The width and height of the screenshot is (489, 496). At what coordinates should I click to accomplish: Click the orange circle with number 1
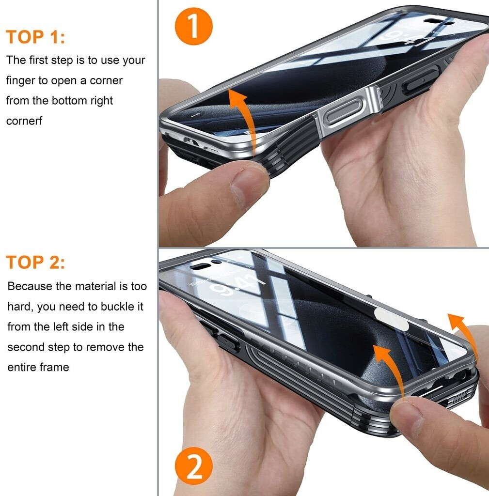pyautogui.click(x=193, y=26)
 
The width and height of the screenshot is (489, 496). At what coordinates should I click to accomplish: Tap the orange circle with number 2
pyautogui.click(x=193, y=465)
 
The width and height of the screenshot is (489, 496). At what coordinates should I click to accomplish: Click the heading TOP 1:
pyautogui.click(x=35, y=37)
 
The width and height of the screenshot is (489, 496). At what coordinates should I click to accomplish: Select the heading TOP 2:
pyautogui.click(x=35, y=263)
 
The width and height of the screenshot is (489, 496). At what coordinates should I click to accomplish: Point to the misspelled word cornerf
pyautogui.click(x=24, y=121)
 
